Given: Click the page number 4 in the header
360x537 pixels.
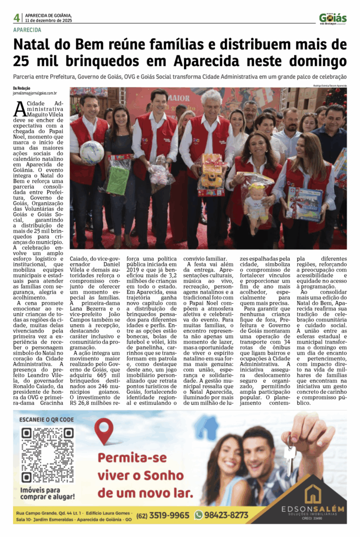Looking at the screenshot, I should pyautogui.click(x=16, y=18).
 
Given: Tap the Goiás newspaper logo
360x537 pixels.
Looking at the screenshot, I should pyautogui.click(x=332, y=18).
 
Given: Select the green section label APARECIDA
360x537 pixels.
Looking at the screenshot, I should pyautogui.click(x=27, y=30).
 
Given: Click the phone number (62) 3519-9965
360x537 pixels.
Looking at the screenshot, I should pyautogui.click(x=163, y=515).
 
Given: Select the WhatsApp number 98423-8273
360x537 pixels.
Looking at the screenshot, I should pyautogui.click(x=226, y=515).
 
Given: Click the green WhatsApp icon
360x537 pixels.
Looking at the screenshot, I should pyautogui.click(x=199, y=515).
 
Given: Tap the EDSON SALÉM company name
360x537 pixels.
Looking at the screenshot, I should pyautogui.click(x=313, y=509).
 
